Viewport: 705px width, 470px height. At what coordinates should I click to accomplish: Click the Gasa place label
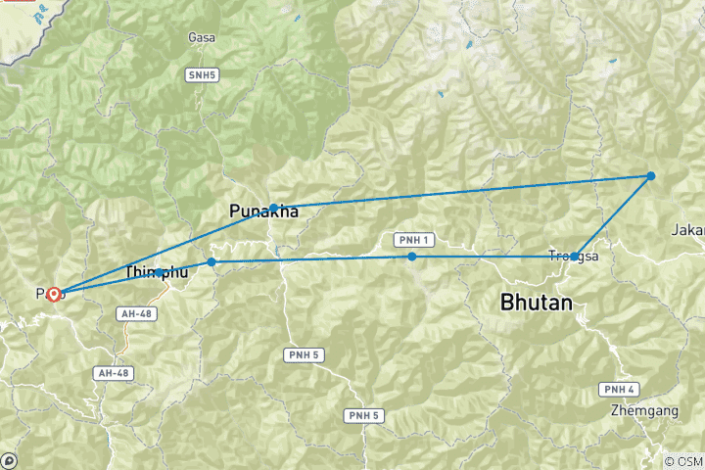click(x=202, y=37)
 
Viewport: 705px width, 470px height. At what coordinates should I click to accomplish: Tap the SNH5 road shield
click(x=202, y=74)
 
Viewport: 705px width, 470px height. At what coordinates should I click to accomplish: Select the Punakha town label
click(x=263, y=211)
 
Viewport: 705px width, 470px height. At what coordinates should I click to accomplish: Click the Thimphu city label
click(x=156, y=271)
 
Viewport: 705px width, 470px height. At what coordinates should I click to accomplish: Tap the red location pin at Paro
click(x=53, y=293)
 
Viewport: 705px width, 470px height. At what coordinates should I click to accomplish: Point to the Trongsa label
click(x=574, y=257)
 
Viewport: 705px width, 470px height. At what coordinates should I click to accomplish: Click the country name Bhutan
click(x=536, y=303)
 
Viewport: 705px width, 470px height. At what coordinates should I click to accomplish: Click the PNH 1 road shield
click(x=412, y=240)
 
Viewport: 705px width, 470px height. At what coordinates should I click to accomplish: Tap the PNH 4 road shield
click(x=619, y=389)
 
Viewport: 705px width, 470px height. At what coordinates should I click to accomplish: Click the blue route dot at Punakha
click(x=274, y=208)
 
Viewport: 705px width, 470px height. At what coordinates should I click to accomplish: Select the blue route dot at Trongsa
click(x=575, y=256)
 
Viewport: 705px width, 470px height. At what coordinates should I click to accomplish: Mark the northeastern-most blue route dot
click(x=650, y=176)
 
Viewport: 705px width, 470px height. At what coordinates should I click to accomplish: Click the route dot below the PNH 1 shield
click(x=412, y=257)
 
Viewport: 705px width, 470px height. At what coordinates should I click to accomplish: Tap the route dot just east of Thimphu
click(x=211, y=262)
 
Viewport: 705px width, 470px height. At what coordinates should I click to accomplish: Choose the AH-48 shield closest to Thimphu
click(x=133, y=313)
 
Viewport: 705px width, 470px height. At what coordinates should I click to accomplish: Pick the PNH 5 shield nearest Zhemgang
click(x=362, y=416)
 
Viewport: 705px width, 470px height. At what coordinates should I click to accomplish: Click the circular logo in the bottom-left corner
click(x=9, y=460)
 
